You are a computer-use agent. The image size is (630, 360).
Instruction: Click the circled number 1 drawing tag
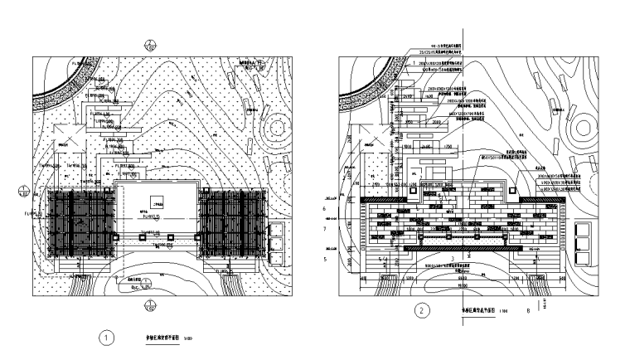106,338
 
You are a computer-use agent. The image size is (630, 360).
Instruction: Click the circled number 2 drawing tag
424,312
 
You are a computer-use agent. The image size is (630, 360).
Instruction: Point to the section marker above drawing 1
149,45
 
